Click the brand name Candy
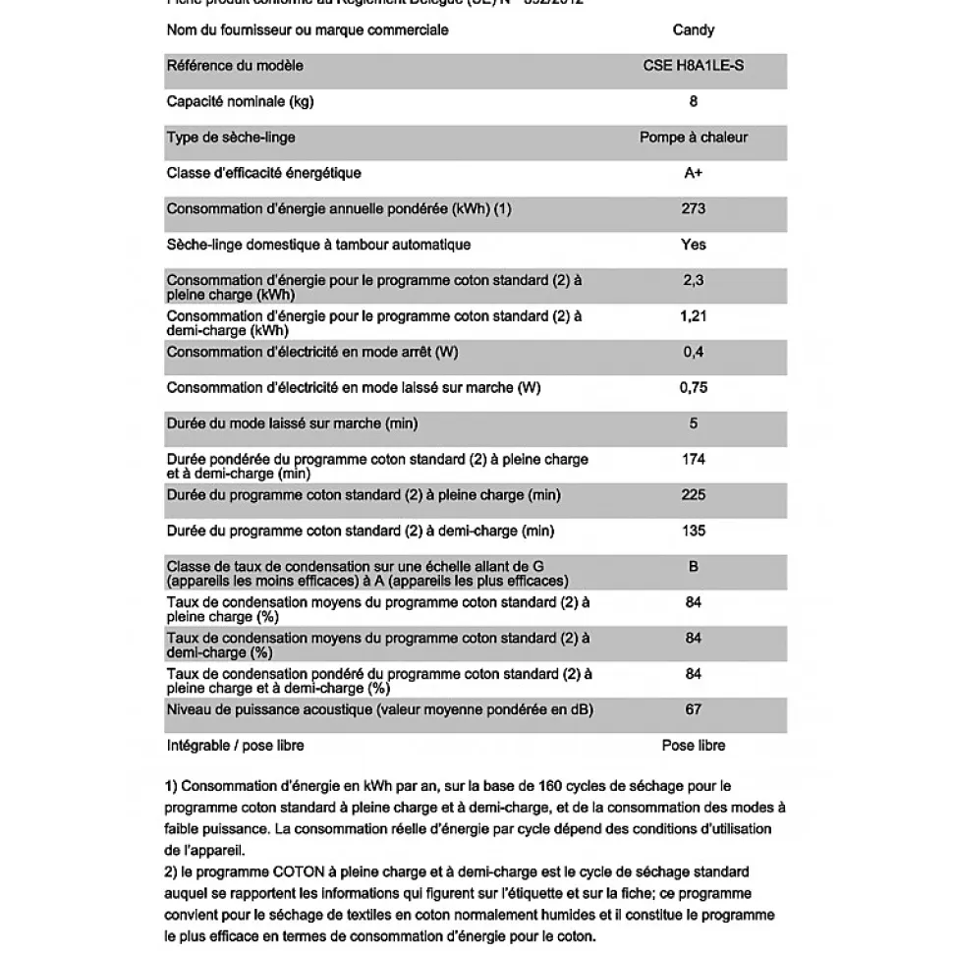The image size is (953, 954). tap(693, 30)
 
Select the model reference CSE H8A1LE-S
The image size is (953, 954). tap(693, 66)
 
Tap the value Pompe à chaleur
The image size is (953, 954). tap(693, 138)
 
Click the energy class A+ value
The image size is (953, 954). tap(693, 173)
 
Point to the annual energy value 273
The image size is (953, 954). tap(693, 208)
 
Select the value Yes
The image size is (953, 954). tap(693, 245)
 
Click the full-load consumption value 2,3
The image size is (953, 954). tap(693, 280)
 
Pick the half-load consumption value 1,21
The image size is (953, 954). tap(693, 316)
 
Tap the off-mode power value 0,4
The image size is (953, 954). tap(693, 352)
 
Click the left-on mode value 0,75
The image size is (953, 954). tap(693, 387)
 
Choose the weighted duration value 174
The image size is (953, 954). tap(693, 459)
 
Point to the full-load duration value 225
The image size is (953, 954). tap(693, 494)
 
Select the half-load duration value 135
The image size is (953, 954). tap(693, 531)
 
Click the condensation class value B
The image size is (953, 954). tap(693, 567)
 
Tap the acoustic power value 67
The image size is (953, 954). tap(693, 709)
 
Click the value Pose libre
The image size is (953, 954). tap(693, 746)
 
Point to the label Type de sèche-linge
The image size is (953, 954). tap(231, 138)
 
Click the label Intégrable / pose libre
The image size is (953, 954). tap(236, 746)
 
